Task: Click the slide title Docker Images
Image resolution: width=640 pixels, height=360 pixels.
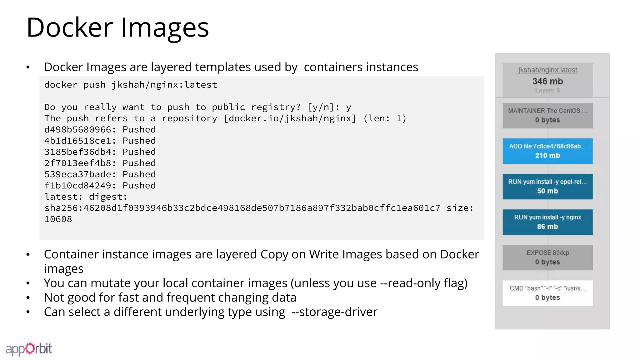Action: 117,27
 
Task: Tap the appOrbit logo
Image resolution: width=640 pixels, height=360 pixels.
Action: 29,349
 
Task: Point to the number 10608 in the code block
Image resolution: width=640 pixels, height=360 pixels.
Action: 58,219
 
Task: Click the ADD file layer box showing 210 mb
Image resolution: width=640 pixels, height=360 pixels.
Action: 547,151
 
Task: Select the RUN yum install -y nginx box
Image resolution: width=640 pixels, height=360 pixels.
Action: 547,222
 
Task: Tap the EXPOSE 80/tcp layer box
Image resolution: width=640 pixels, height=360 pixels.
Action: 547,257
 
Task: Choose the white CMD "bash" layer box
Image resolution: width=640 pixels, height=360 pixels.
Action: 547,293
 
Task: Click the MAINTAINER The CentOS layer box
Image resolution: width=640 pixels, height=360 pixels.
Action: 547,115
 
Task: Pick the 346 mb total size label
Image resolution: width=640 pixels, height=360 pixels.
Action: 547,81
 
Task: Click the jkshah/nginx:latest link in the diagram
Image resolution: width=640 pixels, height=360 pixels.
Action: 547,70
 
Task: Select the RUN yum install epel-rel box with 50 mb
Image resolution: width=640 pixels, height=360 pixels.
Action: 547,187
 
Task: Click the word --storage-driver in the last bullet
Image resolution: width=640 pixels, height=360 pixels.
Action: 334,312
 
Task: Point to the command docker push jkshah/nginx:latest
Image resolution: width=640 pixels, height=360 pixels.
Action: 131,85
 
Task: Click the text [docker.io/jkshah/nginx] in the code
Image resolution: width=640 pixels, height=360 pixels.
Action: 290,118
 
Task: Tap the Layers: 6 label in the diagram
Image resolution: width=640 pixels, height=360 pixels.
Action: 547,90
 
